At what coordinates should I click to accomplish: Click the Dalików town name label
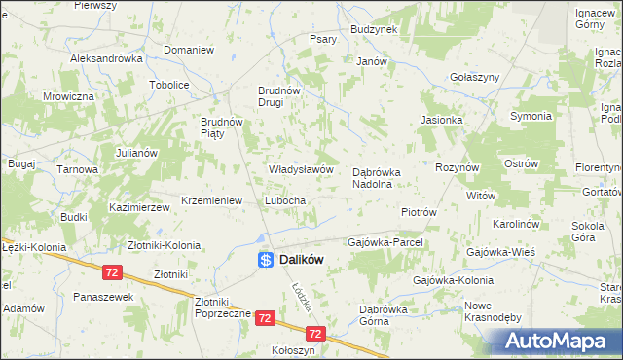(x=302, y=260)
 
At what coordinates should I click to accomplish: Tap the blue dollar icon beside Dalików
(x=265, y=260)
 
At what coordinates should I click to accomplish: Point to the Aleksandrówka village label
(x=107, y=58)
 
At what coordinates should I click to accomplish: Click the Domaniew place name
(x=189, y=50)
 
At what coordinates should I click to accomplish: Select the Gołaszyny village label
(x=475, y=77)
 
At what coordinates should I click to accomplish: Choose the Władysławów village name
(x=302, y=169)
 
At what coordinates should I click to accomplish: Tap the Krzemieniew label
(x=211, y=200)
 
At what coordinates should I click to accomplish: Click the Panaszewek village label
(x=102, y=297)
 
